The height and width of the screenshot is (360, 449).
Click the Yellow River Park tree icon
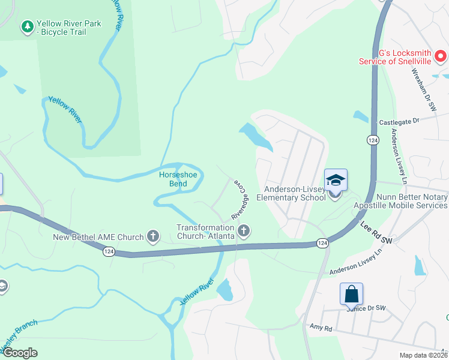pyautogui.click(x=27, y=26)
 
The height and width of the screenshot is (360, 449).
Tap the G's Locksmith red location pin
pyautogui.click(x=441, y=57)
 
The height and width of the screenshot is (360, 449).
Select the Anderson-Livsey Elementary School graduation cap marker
pyautogui.click(x=336, y=181)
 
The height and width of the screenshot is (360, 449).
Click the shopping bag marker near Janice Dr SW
pyautogui.click(x=351, y=294)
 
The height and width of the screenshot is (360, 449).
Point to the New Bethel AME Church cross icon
pyautogui.click(x=153, y=236)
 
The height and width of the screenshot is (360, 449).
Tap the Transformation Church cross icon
pyautogui.click(x=244, y=230)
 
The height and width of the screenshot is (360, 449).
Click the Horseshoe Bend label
pyautogui.click(x=178, y=179)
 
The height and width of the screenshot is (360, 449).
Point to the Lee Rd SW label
pyautogui.click(x=377, y=232)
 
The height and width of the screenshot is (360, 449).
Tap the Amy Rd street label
pyautogui.click(x=321, y=328)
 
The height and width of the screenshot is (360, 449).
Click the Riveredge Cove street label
pyautogui.click(x=240, y=201)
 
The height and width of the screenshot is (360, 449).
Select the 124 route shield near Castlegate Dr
pyautogui.click(x=373, y=140)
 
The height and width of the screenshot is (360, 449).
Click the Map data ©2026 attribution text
pyautogui.click(x=423, y=355)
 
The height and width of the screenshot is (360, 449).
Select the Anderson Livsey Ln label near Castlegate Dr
pyautogui.click(x=399, y=155)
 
